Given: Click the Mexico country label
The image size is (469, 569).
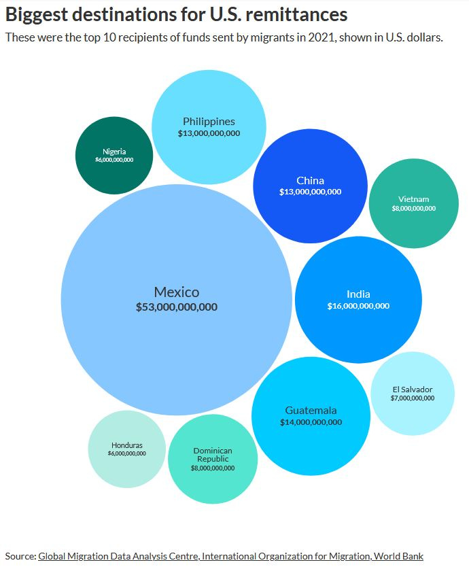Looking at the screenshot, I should [x=176, y=292].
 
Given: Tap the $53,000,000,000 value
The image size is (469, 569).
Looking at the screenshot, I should [x=176, y=307].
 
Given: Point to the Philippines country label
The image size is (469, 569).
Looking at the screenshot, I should [x=209, y=122].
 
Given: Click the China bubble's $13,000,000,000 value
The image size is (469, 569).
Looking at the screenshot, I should [x=310, y=192].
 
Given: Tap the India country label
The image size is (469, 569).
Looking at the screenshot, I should [x=358, y=294].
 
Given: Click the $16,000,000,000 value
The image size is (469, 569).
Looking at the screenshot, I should [x=358, y=306].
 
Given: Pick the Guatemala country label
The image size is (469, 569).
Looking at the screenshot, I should [x=311, y=411].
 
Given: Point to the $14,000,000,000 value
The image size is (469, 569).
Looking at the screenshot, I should [x=311, y=422].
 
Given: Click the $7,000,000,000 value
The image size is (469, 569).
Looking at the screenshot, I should [x=413, y=398].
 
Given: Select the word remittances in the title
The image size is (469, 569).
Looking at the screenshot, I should [x=295, y=15].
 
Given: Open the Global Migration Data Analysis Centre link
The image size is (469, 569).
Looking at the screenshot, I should [x=118, y=556].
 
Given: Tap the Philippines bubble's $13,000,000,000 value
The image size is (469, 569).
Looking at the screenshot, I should [x=209, y=134].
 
